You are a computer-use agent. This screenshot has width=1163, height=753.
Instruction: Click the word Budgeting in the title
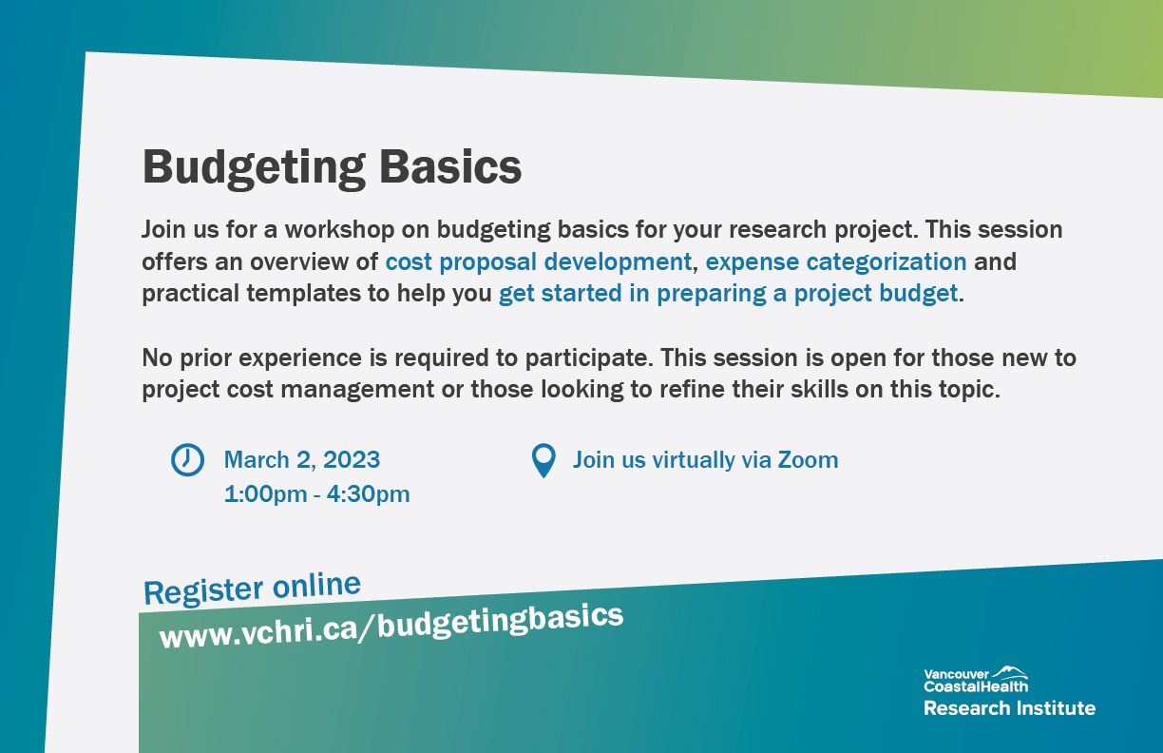(253, 167)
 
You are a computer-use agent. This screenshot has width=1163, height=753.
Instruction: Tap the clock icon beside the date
(187, 460)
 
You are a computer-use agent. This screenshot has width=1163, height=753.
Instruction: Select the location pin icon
(543, 461)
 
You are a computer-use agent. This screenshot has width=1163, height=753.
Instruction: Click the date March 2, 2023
(301, 460)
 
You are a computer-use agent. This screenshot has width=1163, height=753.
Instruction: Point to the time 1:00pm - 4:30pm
(316, 494)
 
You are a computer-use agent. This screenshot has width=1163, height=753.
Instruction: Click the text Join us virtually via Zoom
(705, 460)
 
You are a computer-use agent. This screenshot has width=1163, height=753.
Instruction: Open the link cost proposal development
(538, 261)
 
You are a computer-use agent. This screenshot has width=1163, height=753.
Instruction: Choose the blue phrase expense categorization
(836, 261)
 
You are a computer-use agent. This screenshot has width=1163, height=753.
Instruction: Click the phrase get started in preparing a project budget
(728, 293)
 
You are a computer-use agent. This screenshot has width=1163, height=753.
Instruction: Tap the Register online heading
(252, 588)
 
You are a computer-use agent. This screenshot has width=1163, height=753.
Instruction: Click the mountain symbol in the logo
(1009, 672)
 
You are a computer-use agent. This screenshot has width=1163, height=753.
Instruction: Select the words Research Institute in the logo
(1009, 708)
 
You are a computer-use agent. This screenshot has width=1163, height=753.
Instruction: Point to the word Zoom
(808, 460)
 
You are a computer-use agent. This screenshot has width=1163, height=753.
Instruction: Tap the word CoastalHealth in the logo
(975, 686)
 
